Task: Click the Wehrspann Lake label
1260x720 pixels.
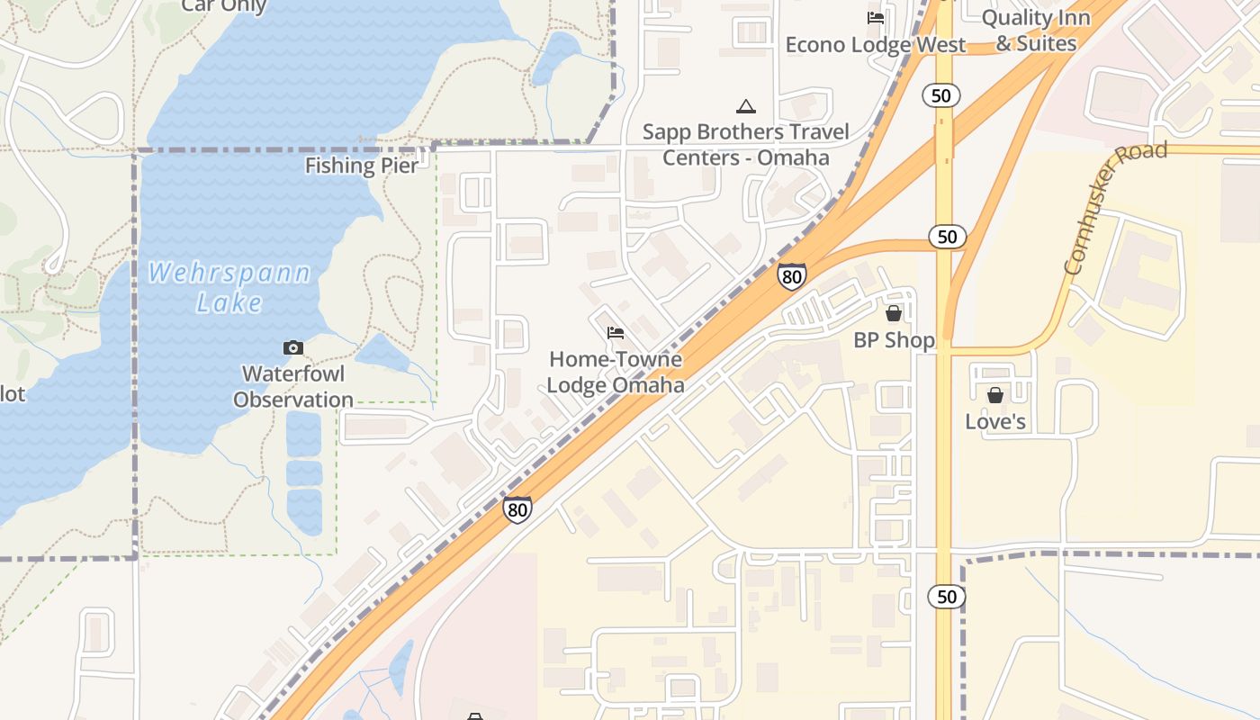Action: pyautogui.click(x=229, y=287)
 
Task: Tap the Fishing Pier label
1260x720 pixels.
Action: pyautogui.click(x=361, y=166)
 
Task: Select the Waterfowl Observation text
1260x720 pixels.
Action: pyautogui.click(x=293, y=387)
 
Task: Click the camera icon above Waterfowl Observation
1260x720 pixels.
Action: pyautogui.click(x=292, y=347)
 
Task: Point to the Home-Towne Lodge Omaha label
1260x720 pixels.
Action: pyautogui.click(x=616, y=373)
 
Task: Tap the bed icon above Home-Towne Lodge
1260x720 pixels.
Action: pyautogui.click(x=616, y=333)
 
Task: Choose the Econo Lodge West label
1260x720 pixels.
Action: pyautogui.click(x=875, y=45)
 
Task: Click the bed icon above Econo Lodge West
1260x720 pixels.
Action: pyautogui.click(x=875, y=17)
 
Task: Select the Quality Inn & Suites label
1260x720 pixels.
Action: pyautogui.click(x=1035, y=31)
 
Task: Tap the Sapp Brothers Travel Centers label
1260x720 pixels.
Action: pyautogui.click(x=746, y=145)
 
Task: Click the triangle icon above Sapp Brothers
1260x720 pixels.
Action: pyautogui.click(x=746, y=107)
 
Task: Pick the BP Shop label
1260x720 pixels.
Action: pyautogui.click(x=894, y=340)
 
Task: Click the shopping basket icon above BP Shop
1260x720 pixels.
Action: pyautogui.click(x=894, y=313)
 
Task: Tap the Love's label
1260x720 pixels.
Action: pyautogui.click(x=995, y=421)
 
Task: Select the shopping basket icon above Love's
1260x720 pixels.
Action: pyautogui.click(x=995, y=395)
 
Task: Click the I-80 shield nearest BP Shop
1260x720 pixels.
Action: pyautogui.click(x=792, y=276)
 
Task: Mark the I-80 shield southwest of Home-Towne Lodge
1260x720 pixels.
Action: pyautogui.click(x=517, y=510)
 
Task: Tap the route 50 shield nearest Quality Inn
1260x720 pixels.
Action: pyautogui.click(x=941, y=95)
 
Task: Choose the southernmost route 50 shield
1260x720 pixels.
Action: pyautogui.click(x=947, y=597)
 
